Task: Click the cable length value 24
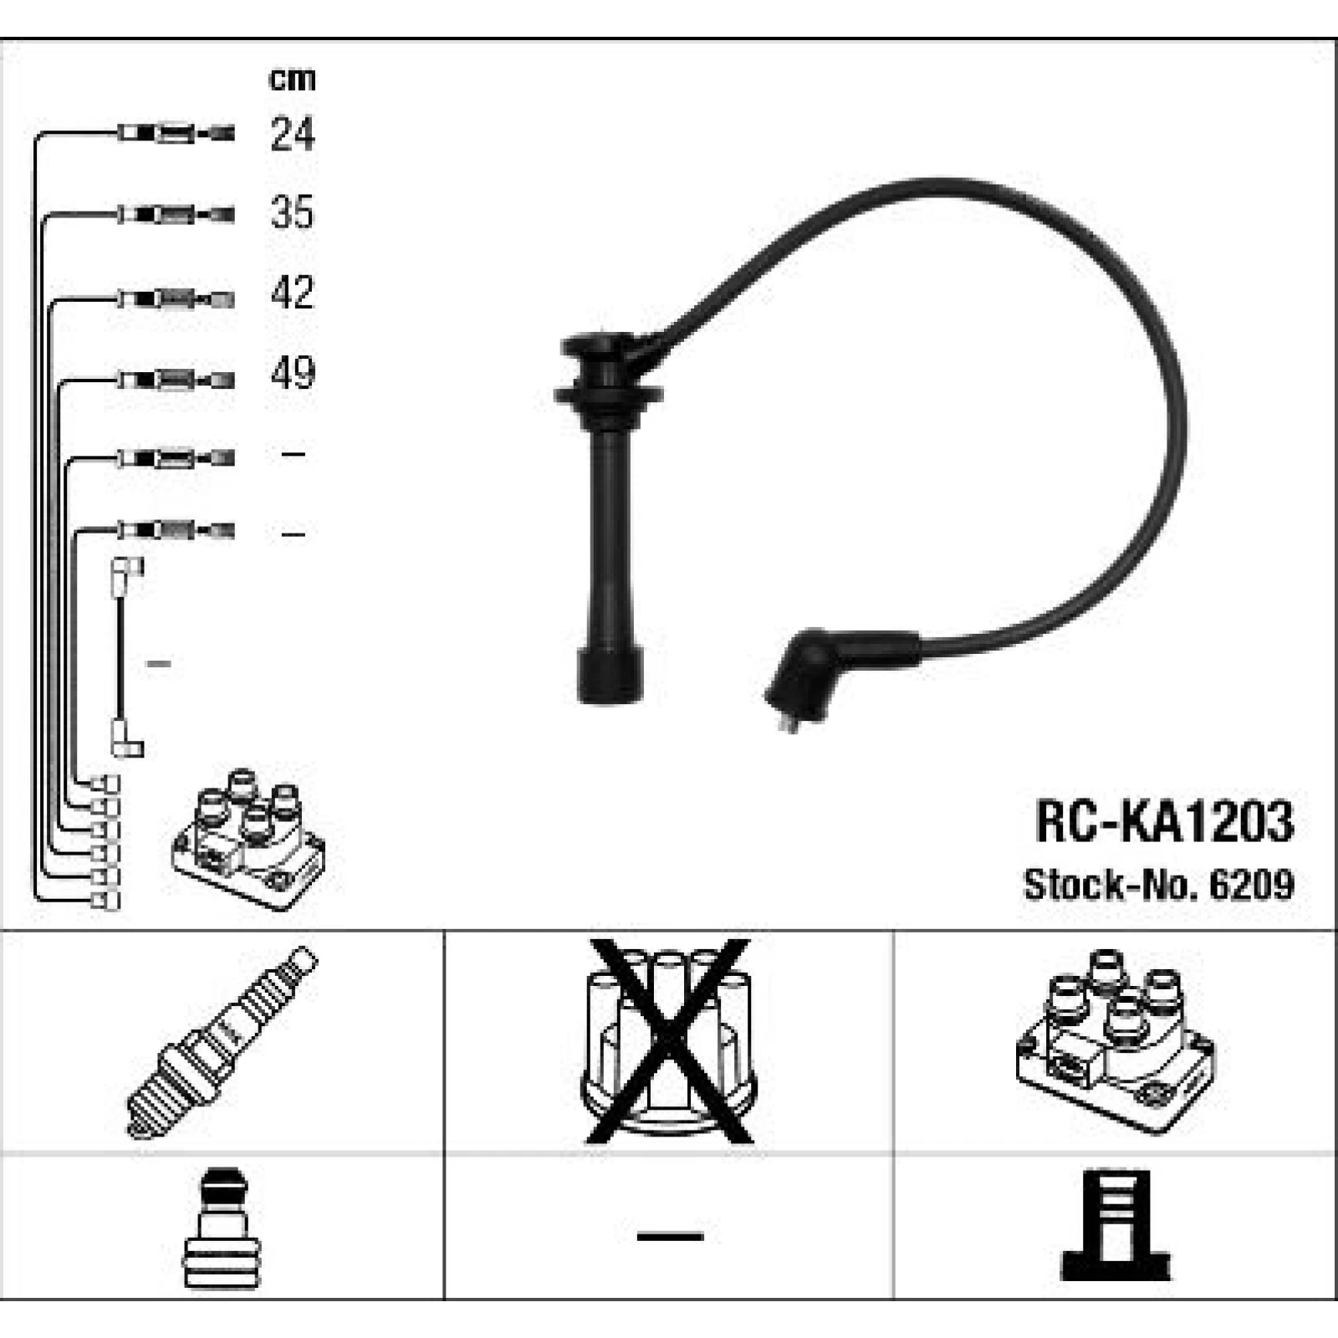click(x=293, y=134)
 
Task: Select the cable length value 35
click(x=292, y=212)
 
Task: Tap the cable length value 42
click(x=292, y=293)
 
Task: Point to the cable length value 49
click(x=293, y=373)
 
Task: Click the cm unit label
click(x=292, y=79)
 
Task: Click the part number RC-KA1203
click(x=1164, y=821)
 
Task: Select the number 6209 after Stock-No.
click(x=1251, y=885)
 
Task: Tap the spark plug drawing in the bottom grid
click(x=222, y=1042)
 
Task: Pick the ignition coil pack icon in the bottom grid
click(x=1116, y=1042)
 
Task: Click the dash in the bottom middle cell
click(x=670, y=1235)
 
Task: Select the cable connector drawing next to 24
click(x=176, y=133)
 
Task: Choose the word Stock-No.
click(x=1111, y=885)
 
